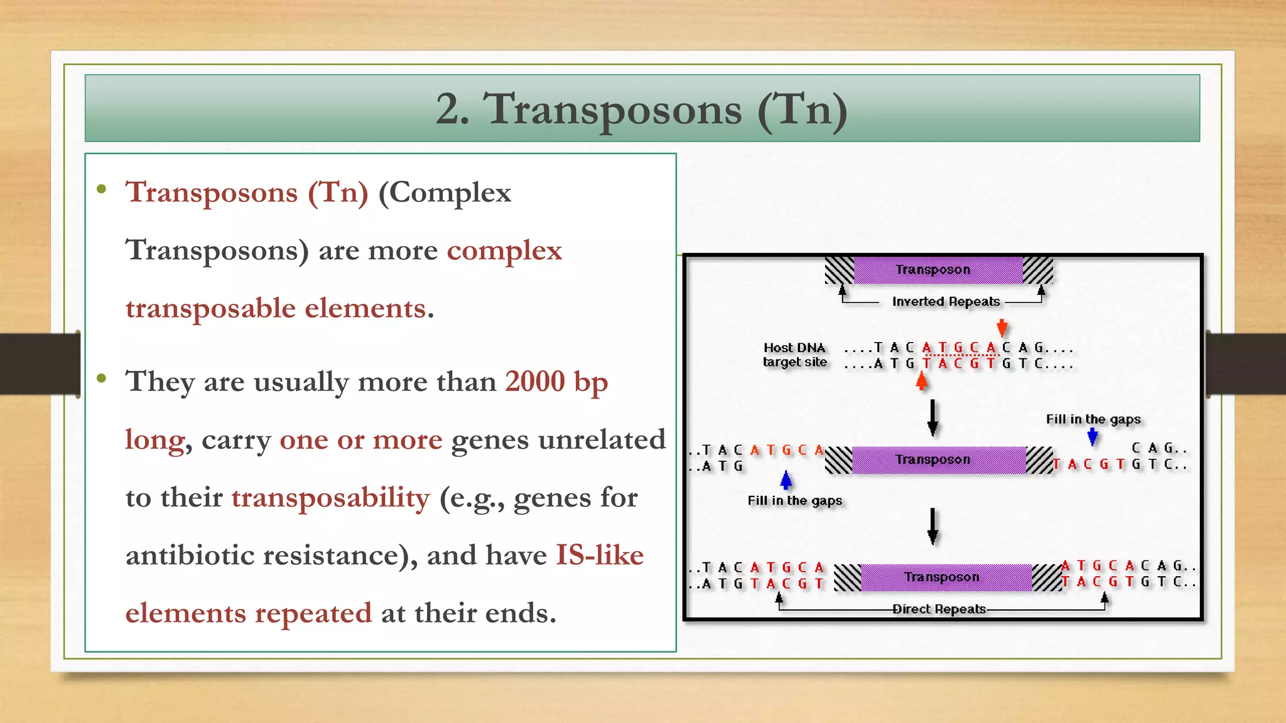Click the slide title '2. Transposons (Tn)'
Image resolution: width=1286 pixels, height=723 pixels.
[642, 109]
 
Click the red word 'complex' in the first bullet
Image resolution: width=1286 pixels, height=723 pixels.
[504, 250]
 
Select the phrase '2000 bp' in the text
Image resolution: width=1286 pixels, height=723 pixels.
[556, 382]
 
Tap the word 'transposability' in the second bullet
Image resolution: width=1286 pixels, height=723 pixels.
[331, 498]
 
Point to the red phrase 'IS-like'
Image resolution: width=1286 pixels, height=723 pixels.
[600, 555]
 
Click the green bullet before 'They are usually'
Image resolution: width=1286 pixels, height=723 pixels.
[102, 378]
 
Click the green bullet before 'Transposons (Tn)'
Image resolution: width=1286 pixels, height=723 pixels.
[102, 189]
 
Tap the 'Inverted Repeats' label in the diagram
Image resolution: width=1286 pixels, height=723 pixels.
[946, 302]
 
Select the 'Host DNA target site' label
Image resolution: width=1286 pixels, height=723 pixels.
[794, 355]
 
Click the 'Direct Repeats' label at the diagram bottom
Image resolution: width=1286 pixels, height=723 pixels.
[939, 609]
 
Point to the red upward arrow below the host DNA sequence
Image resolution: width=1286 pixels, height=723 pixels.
[922, 381]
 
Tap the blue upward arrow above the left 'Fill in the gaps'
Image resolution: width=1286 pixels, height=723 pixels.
[786, 480]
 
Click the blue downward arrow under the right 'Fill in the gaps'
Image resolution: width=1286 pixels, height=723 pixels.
[1093, 437]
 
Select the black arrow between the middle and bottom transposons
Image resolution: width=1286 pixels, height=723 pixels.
[933, 526]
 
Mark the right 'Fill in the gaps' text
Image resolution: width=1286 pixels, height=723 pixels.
[1093, 419]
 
